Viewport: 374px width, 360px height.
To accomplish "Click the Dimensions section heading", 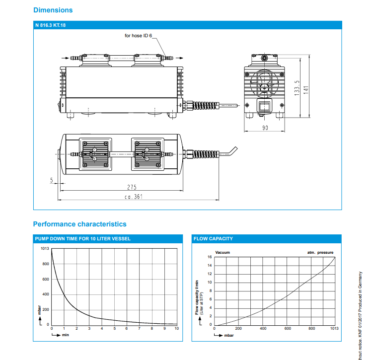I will click(53, 10).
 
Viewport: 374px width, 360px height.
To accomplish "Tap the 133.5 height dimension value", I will click(297, 88).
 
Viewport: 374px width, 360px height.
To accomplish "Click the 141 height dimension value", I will click(306, 89).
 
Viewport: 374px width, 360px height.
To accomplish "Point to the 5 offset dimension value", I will click(51, 180).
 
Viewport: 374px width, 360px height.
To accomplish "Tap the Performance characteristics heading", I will click(79, 224).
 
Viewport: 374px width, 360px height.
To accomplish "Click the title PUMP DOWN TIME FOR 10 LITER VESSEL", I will click(83, 239).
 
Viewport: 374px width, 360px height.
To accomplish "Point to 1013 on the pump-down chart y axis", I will click(44, 248).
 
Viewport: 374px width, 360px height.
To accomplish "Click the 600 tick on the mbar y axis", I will click(45, 279).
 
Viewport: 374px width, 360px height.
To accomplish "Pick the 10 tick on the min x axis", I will click(177, 329).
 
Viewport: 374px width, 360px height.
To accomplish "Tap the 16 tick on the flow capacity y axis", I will click(210, 257).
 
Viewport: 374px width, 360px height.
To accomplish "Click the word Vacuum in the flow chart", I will click(223, 253).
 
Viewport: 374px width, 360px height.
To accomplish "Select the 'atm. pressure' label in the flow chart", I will click(320, 253).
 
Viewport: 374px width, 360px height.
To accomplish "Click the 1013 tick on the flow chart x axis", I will click(334, 329).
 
